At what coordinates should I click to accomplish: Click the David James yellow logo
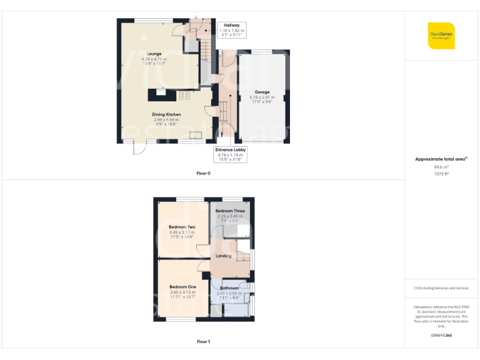pyautogui.click(x=441, y=35)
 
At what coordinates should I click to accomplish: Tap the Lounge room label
pyautogui.click(x=154, y=54)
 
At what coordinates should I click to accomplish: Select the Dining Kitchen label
pyautogui.click(x=166, y=114)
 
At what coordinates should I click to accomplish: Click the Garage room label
pyautogui.click(x=262, y=92)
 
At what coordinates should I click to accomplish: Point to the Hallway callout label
pyautogui.click(x=232, y=26)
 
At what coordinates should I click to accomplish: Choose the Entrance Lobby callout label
pyautogui.click(x=231, y=150)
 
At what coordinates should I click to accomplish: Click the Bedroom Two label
pyautogui.click(x=182, y=227)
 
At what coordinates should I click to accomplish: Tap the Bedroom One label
pyautogui.click(x=182, y=287)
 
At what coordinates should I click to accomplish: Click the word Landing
pyautogui.click(x=224, y=256)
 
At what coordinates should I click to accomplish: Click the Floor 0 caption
pyautogui.click(x=204, y=173)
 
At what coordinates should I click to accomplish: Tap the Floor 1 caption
pyautogui.click(x=204, y=341)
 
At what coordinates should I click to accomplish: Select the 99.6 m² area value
pyautogui.click(x=441, y=167)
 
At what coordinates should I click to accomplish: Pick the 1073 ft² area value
pyautogui.click(x=441, y=174)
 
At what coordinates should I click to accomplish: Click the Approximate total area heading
pyautogui.click(x=441, y=159)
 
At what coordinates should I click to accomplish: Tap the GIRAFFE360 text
pyautogui.click(x=441, y=336)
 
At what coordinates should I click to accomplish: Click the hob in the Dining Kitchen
pyautogui.click(x=184, y=95)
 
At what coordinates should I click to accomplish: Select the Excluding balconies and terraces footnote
pyautogui.click(x=441, y=288)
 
